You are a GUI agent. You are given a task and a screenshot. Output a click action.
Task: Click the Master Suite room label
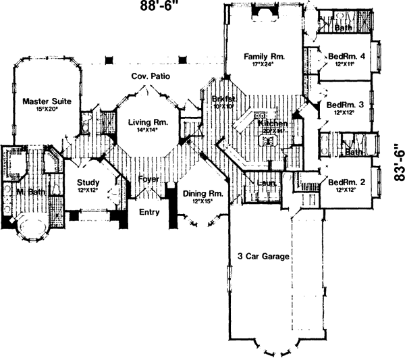point(42,101)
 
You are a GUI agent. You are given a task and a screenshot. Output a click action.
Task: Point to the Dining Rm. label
point(202,194)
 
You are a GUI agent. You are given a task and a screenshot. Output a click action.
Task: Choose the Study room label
point(88,182)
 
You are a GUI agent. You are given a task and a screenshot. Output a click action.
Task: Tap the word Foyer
point(148,179)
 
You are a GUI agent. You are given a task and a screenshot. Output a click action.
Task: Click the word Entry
point(149,211)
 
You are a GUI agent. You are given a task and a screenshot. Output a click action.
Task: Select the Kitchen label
point(273,125)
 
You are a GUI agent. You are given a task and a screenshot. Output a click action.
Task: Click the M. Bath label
point(30,192)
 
